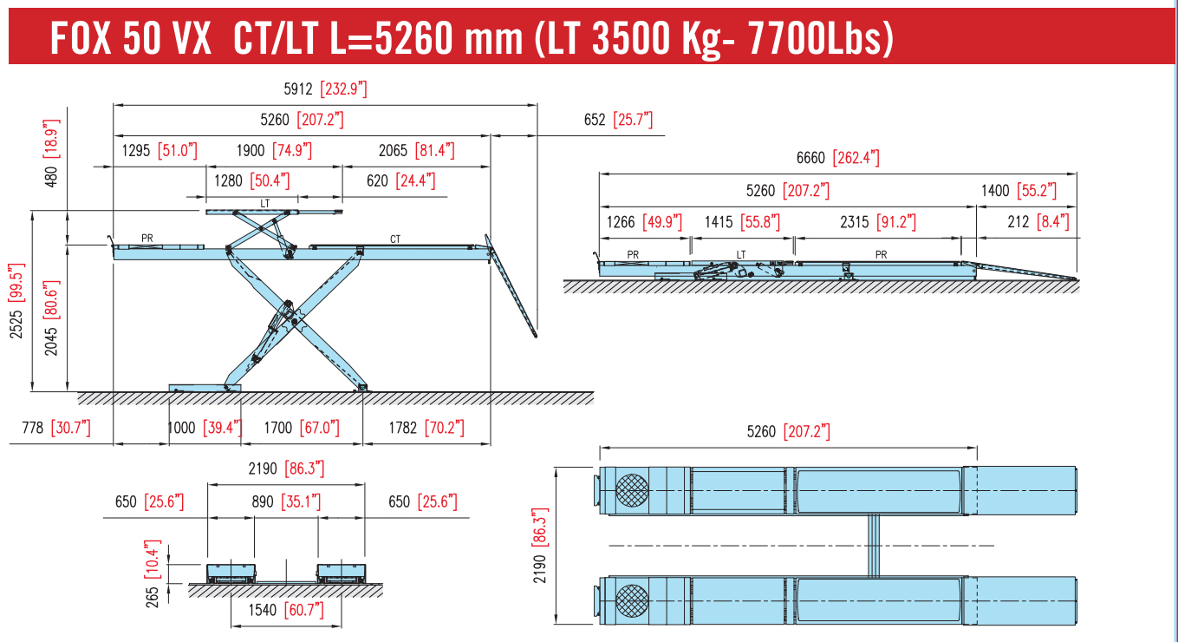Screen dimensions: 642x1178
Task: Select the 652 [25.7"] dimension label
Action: (x=617, y=120)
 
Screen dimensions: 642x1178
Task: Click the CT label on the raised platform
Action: (x=395, y=239)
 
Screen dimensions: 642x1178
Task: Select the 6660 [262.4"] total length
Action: (x=837, y=158)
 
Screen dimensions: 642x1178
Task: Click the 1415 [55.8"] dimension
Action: (x=742, y=222)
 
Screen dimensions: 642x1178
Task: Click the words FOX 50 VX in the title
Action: (x=130, y=39)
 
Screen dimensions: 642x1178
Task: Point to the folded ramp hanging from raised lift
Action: (x=511, y=286)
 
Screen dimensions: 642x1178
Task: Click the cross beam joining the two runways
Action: (x=874, y=545)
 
